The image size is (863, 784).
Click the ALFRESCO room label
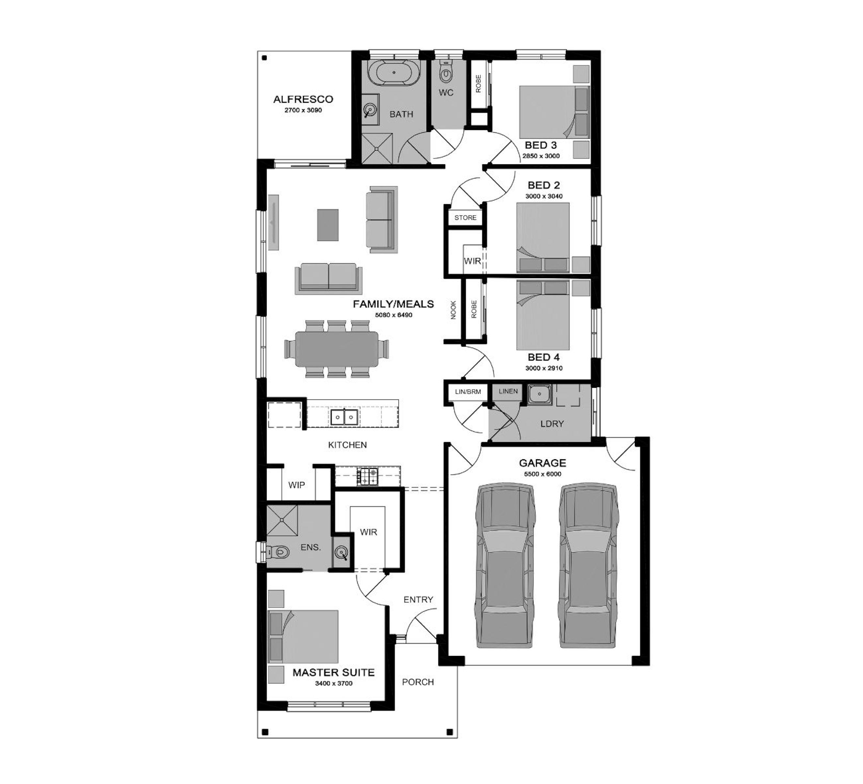[303, 99]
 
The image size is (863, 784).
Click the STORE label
[465, 218]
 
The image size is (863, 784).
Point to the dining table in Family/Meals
[337, 349]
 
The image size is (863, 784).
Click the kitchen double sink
[344, 417]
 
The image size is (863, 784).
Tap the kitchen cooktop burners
[368, 477]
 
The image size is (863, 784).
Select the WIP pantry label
[297, 485]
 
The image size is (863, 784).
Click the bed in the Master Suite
[303, 637]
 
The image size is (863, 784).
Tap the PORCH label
[418, 682]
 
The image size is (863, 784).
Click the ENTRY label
[418, 600]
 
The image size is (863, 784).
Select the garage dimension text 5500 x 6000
[542, 474]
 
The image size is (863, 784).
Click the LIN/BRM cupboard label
[468, 392]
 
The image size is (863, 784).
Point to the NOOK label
[453, 310]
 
